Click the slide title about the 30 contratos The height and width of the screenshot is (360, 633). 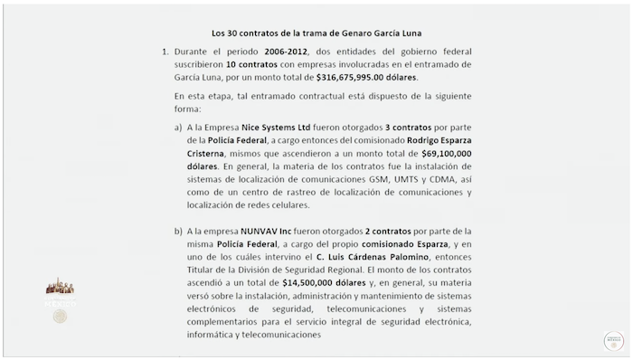click(x=316, y=27)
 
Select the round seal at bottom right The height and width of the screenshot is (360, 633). click(x=615, y=340)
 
